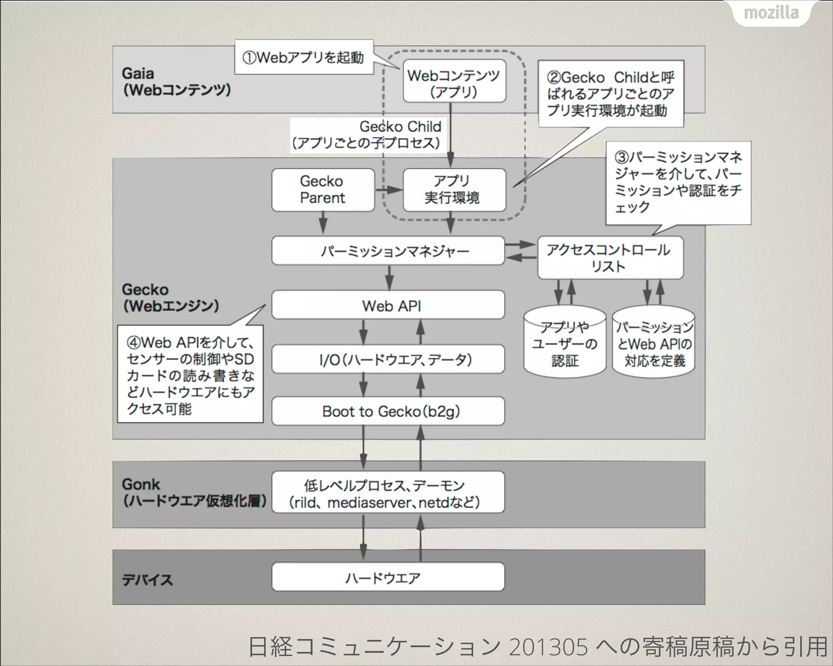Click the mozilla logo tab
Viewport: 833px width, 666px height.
(771, 13)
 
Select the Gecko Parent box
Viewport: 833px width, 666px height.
(323, 190)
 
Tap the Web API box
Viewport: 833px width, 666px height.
(388, 305)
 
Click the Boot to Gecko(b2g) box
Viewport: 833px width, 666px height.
(388, 411)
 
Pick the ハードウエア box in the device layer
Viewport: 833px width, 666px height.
(388, 577)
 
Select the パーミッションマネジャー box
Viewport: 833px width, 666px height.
(388, 251)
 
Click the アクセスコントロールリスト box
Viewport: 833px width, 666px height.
(610, 258)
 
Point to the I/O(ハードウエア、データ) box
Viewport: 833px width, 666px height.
(388, 359)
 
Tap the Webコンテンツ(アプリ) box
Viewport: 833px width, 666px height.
(454, 81)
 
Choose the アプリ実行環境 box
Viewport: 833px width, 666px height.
(454, 190)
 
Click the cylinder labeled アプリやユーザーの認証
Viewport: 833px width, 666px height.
(565, 344)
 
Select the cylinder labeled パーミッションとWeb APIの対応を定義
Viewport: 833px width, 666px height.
(654, 344)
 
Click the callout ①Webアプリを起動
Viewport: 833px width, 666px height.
(304, 57)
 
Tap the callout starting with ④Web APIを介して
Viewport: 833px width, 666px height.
(190, 374)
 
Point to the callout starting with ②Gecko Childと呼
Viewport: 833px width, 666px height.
(611, 94)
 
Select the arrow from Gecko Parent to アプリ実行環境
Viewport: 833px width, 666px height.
(388, 189)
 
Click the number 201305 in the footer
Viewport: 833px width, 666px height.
(548, 646)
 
